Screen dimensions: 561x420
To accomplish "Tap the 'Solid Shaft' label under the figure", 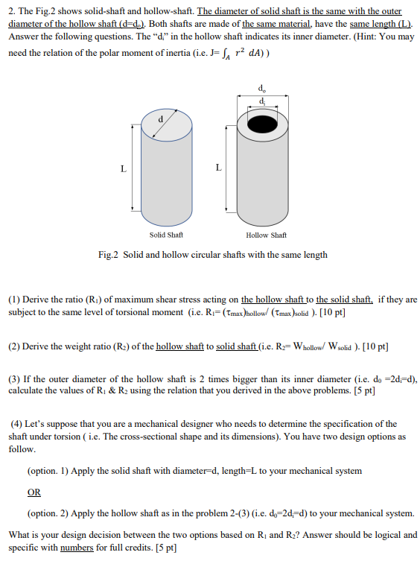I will pos(168,235).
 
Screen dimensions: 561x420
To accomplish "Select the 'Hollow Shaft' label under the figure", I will pos(266,235).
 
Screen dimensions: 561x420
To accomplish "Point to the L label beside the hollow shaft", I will pos(218,168).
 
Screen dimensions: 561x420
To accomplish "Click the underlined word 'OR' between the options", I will pos(34,492).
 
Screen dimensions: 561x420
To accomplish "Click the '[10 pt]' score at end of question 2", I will pos(375,346).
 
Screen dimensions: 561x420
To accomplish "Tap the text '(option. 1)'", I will pos(51,471).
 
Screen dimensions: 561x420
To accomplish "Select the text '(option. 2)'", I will pos(51,514).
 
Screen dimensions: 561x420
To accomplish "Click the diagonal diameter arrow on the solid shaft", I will pos(157,124).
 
